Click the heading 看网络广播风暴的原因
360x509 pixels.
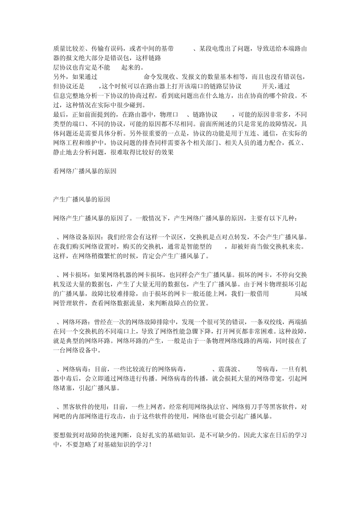click(85, 171)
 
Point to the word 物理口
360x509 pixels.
click(170, 114)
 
